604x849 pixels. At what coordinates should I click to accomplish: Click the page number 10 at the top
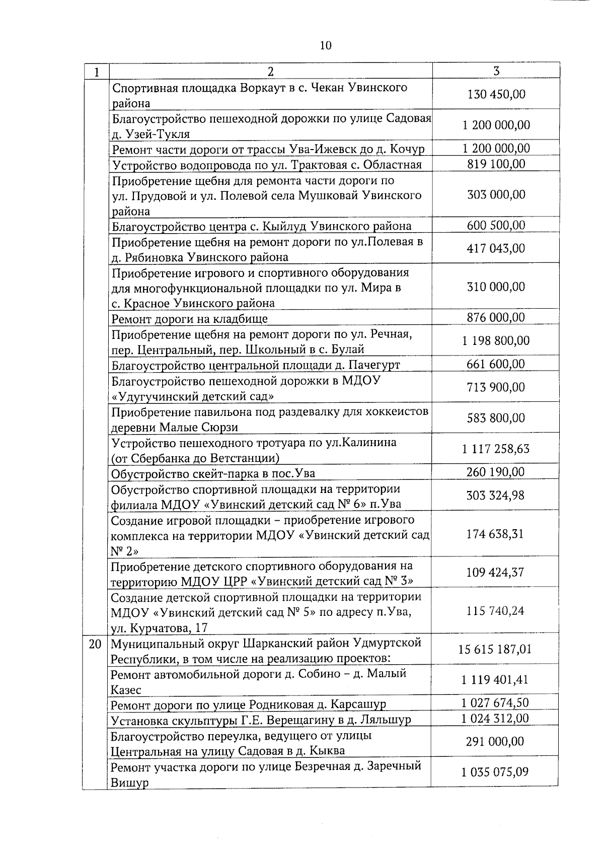(x=326, y=46)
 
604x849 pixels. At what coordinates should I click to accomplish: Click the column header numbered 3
(x=496, y=71)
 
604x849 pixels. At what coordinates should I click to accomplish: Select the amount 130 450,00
(x=496, y=94)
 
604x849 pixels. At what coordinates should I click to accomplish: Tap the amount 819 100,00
(x=496, y=164)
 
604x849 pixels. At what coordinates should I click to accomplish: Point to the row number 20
(x=95, y=644)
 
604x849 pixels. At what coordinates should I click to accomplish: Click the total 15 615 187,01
(x=495, y=649)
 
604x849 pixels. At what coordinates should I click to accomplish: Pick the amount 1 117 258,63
(x=496, y=449)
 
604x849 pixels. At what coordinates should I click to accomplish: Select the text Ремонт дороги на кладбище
(x=189, y=319)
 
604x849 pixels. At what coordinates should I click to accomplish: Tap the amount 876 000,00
(x=496, y=317)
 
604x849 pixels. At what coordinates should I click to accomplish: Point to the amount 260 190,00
(x=496, y=472)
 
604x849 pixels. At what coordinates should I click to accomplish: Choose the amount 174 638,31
(x=495, y=534)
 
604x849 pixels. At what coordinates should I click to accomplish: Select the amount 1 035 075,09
(x=495, y=772)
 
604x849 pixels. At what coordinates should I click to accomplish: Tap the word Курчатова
(x=159, y=628)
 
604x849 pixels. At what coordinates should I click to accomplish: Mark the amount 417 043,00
(x=496, y=248)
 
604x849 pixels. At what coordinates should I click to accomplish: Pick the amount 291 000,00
(x=495, y=741)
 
